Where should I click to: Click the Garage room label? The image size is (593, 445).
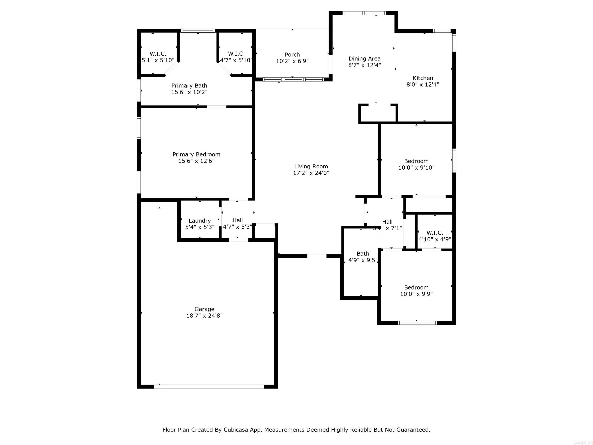tap(204, 309)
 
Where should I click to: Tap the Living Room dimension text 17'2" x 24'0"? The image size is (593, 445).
tap(311, 173)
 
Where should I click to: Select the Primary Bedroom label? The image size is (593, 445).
tap(196, 154)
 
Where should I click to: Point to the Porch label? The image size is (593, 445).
tap(292, 54)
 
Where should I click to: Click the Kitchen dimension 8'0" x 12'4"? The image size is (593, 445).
tap(423, 84)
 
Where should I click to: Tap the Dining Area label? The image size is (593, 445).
tap(364, 59)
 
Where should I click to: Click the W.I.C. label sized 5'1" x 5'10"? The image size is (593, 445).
tap(158, 54)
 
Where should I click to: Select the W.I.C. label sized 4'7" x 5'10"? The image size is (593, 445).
tap(236, 54)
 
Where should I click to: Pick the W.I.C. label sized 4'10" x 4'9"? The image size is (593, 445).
tap(435, 233)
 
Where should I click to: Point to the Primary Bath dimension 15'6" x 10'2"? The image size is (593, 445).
tap(189, 92)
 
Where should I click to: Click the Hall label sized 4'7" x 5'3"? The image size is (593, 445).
tap(237, 220)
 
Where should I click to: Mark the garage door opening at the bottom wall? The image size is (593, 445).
tap(209, 386)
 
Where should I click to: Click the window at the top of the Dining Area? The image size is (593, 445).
tap(364, 13)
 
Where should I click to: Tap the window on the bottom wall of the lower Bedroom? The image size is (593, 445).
tap(417, 323)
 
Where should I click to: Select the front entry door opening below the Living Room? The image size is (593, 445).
tap(317, 256)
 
